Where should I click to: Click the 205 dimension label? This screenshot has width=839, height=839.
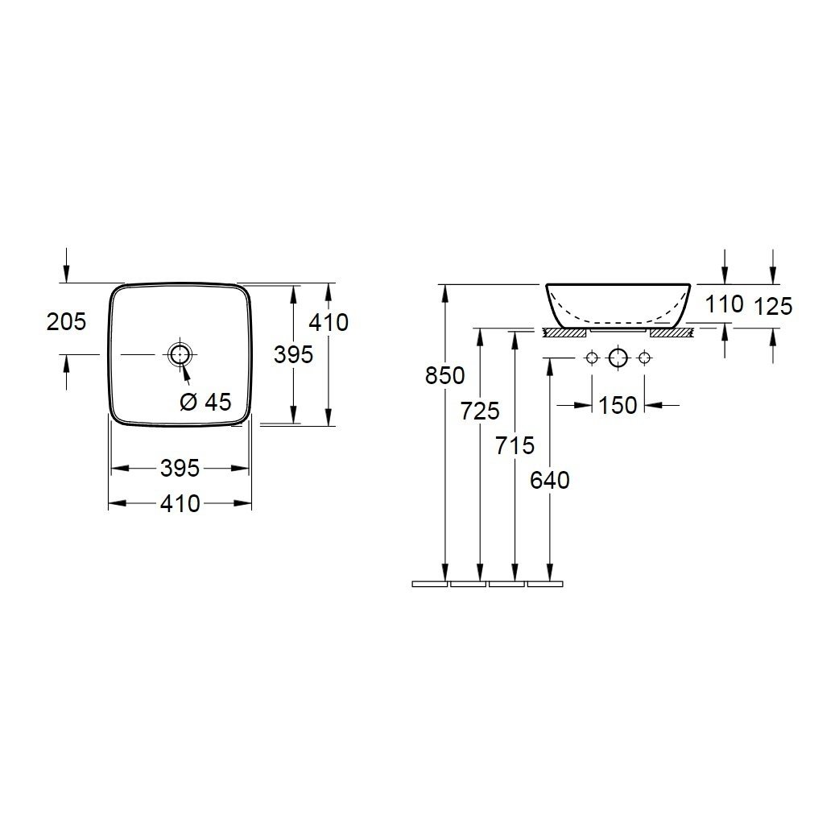[66, 321]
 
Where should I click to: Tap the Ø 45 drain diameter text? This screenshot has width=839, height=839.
[205, 401]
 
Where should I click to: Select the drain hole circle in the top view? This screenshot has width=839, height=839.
[180, 354]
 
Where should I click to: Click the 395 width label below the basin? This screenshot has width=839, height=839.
[180, 468]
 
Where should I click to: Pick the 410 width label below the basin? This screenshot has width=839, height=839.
[180, 503]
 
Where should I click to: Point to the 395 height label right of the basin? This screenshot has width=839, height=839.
[293, 354]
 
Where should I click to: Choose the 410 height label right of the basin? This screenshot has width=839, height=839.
[329, 322]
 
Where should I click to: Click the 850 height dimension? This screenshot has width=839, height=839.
[444, 376]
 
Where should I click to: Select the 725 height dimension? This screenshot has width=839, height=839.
[480, 411]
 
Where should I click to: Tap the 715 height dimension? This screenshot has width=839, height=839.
[515, 445]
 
